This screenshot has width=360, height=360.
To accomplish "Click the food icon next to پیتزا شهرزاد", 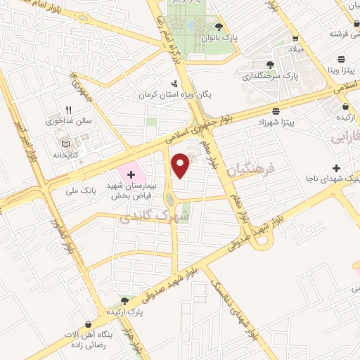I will click(276, 112).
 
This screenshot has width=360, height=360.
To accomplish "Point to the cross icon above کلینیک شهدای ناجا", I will click(337, 169).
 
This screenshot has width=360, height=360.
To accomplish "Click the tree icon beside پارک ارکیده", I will click(125, 300).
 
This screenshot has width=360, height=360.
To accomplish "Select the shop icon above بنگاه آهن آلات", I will click(88, 324).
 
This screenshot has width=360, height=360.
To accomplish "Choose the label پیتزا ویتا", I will click(340, 71).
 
